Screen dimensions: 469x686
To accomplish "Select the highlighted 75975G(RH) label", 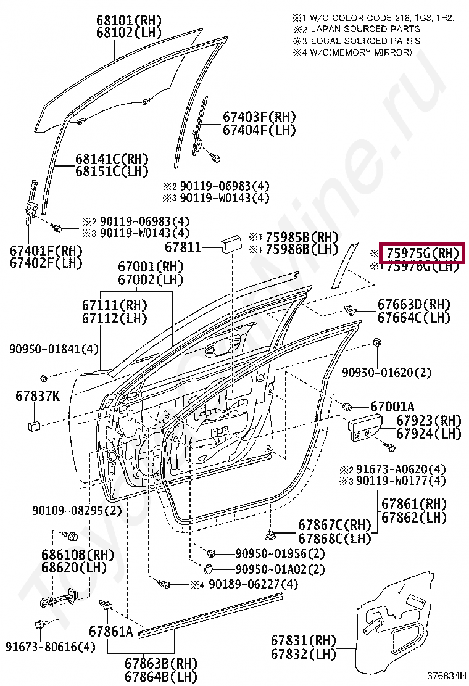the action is tap(422, 253).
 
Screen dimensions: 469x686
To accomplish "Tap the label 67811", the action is tap(183, 248).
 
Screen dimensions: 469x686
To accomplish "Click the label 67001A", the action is tap(392, 407).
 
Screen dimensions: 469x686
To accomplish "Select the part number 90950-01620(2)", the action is tap(387, 372).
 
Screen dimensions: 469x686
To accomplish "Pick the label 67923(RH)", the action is tap(428, 421).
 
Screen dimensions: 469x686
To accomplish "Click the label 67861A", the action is tap(110, 632).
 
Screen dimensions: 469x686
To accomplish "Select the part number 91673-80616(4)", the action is tap(51, 647).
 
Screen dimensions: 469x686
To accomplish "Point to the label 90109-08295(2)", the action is tap(77, 510).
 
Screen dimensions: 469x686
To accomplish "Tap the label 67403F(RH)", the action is tap(259, 117).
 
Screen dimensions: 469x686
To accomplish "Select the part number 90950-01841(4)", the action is tap(54, 349).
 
